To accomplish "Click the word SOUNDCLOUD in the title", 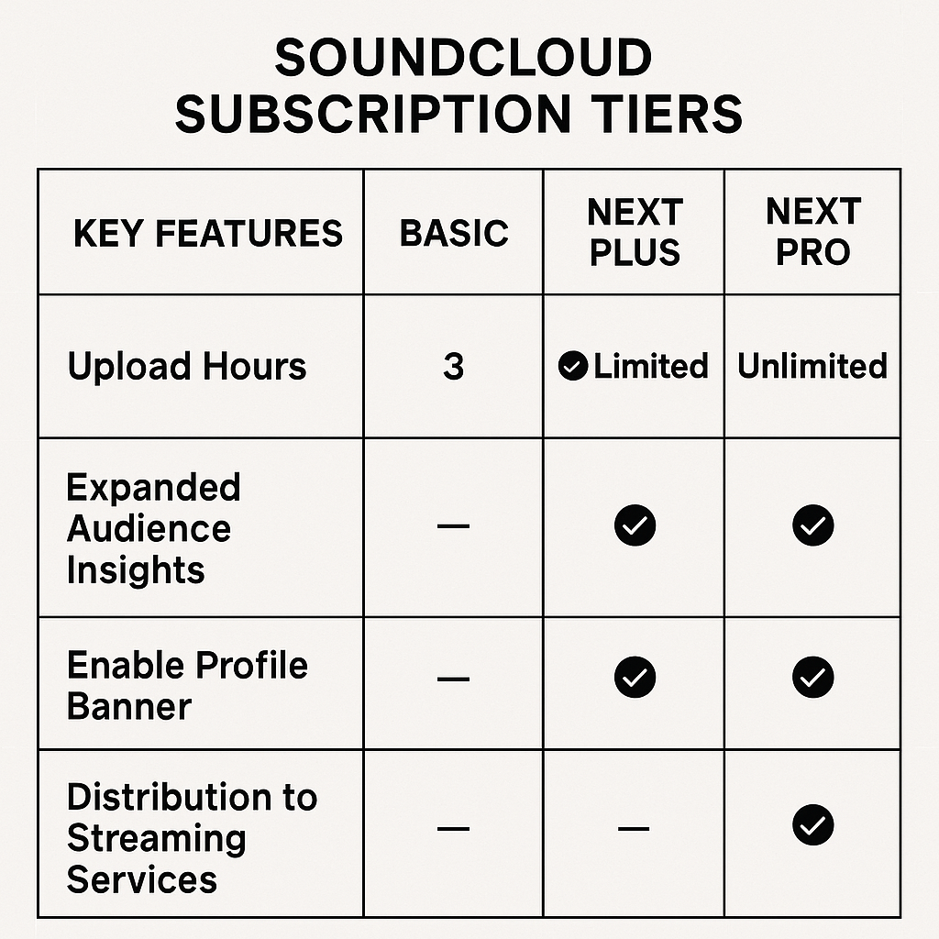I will pyautogui.click(x=463, y=60).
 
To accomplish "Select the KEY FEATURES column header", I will pyautogui.click(x=207, y=233).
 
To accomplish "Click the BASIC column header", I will pyautogui.click(x=454, y=233).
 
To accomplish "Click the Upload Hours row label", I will pyautogui.click(x=187, y=367).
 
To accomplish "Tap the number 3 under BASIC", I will pyautogui.click(x=454, y=367).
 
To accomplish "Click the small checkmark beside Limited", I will pyautogui.click(x=573, y=367).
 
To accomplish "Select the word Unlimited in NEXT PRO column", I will pyautogui.click(x=812, y=367).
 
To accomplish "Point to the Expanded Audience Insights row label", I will pyautogui.click(x=152, y=528).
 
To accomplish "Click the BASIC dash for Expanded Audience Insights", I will pyautogui.click(x=454, y=526).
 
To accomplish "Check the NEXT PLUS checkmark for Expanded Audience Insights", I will pyautogui.click(x=635, y=526).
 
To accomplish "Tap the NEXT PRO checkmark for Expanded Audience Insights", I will pyautogui.click(x=812, y=526).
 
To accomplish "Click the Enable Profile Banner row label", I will pyautogui.click(x=187, y=685).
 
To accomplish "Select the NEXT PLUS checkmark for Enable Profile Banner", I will pyautogui.click(x=635, y=678).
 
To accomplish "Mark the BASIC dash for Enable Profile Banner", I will pyautogui.click(x=454, y=679).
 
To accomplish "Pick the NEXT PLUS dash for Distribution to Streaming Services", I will pyautogui.click(x=635, y=829).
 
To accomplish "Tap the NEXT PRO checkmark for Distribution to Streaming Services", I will pyautogui.click(x=812, y=825).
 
